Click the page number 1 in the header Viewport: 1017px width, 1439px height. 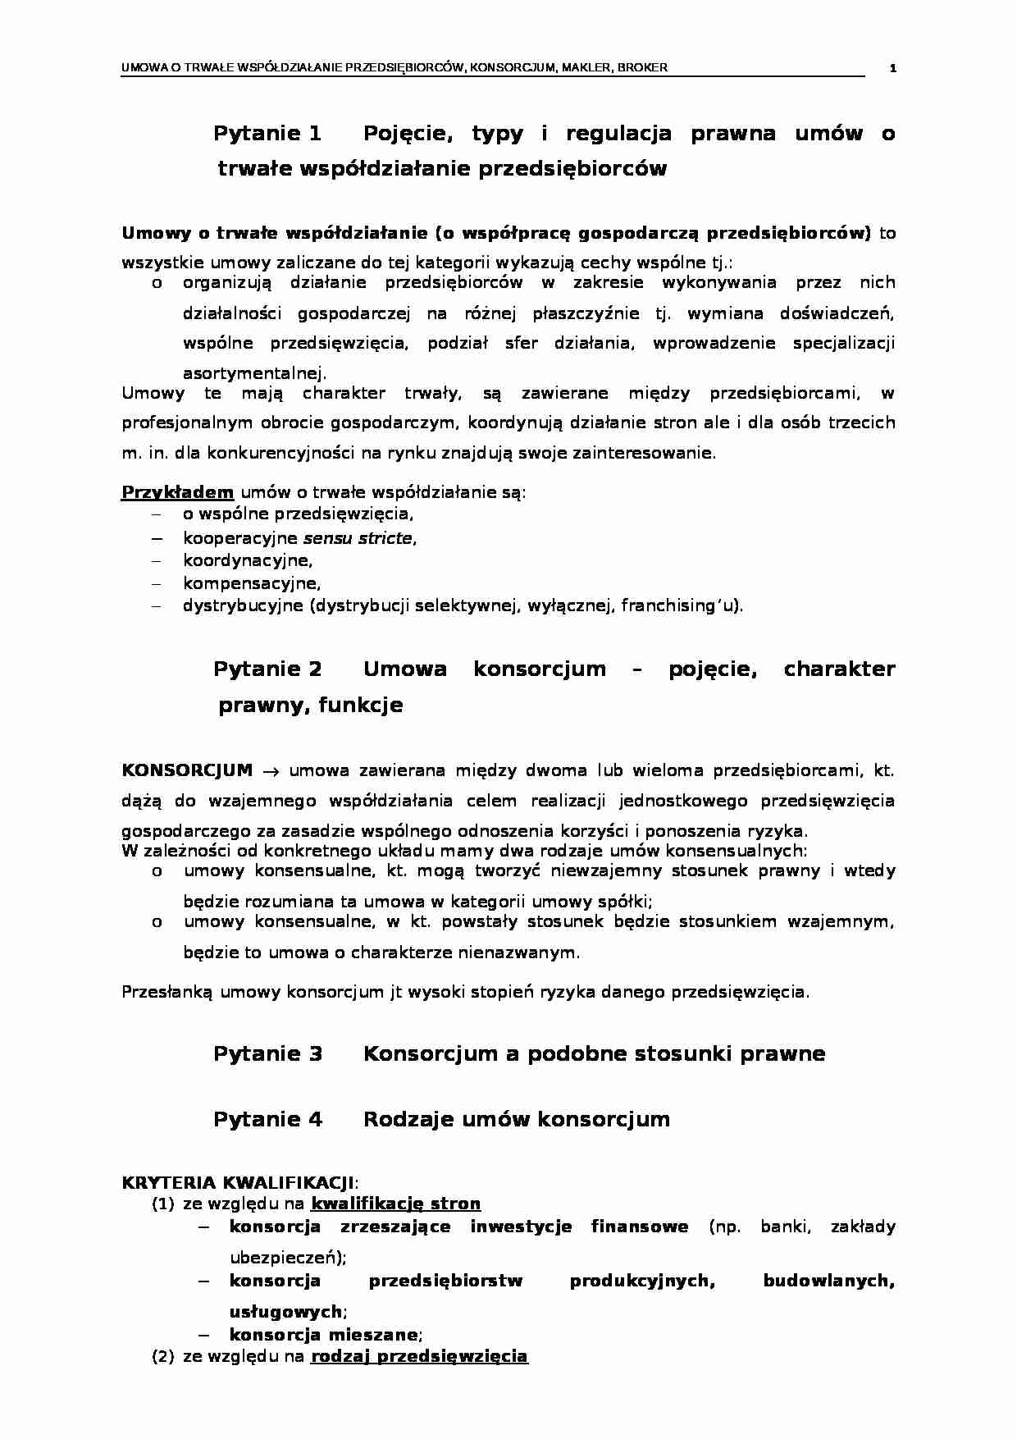click(x=893, y=68)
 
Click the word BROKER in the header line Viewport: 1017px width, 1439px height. click(x=645, y=67)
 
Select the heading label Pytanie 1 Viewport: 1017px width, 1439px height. click(x=267, y=133)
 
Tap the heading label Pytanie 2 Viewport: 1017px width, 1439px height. click(x=267, y=669)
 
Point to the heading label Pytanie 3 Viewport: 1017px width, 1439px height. click(x=267, y=1053)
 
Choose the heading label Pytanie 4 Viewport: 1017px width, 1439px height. click(x=267, y=1119)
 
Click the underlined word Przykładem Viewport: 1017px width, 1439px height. click(x=178, y=492)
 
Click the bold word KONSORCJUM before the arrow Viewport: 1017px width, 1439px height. click(x=187, y=770)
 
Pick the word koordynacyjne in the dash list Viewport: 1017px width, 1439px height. click(x=247, y=561)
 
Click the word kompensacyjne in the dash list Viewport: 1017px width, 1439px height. click(x=251, y=584)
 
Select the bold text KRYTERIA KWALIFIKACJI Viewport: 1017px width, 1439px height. click(x=238, y=1183)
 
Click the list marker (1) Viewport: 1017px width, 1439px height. click(x=163, y=1204)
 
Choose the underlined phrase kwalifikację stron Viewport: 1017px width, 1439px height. click(x=395, y=1204)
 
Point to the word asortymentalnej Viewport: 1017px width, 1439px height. click(x=253, y=372)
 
